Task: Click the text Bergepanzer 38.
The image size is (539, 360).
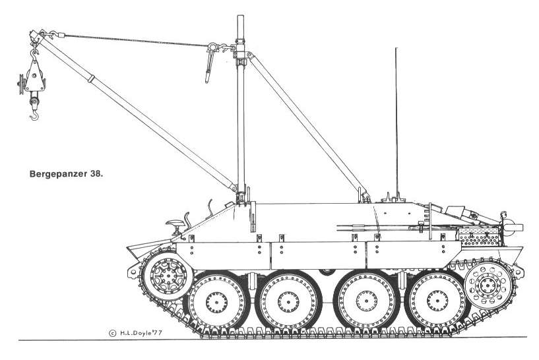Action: (x=67, y=175)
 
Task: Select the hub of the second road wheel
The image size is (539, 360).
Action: (x=288, y=301)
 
